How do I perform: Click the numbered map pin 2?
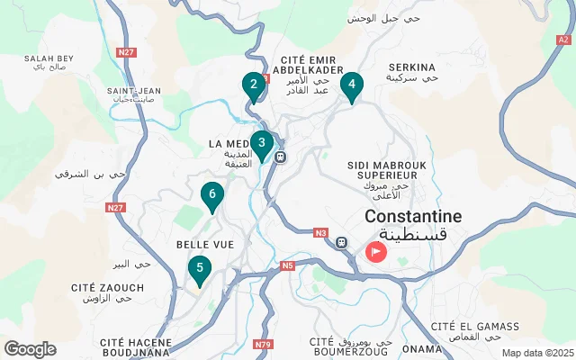tap(254, 86)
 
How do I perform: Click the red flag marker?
tap(376, 250)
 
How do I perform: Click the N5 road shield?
tap(287, 265)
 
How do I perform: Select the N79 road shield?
tap(264, 344)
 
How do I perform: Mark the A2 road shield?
tap(563, 40)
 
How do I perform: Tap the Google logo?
tap(30, 349)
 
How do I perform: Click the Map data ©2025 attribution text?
tap(536, 353)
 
